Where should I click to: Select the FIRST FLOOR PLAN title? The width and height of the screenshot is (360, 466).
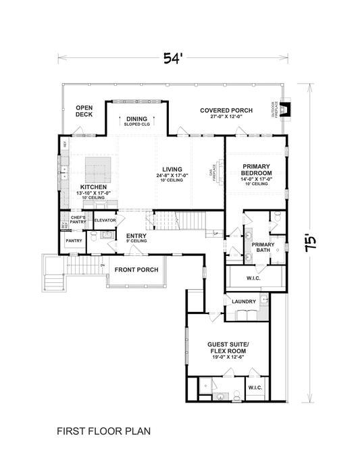[103, 430]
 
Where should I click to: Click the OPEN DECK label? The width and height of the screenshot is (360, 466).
[84, 111]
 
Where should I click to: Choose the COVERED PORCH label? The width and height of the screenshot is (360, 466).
[226, 110]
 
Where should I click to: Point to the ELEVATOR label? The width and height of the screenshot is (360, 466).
[105, 220]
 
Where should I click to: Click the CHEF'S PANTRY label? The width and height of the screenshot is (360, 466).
[78, 219]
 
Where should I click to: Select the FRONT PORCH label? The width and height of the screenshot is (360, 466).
[136, 270]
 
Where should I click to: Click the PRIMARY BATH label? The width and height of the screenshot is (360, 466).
[263, 247]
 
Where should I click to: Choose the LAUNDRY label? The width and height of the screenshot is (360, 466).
[241, 301]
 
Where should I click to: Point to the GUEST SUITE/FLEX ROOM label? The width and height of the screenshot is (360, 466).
[228, 348]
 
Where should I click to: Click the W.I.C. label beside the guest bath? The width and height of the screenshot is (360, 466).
[255, 388]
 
